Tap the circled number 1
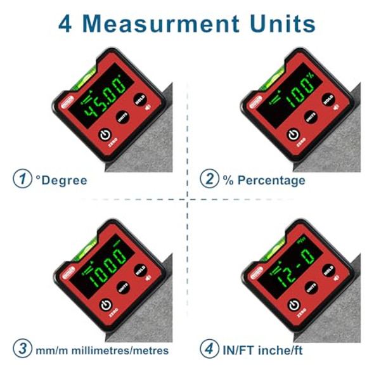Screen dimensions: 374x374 pyautogui.click(x=23, y=179)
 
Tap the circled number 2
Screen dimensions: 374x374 pyautogui.click(x=210, y=179)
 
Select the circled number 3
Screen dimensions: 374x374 pyautogui.click(x=23, y=348)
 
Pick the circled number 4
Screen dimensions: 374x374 pyautogui.click(x=210, y=348)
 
